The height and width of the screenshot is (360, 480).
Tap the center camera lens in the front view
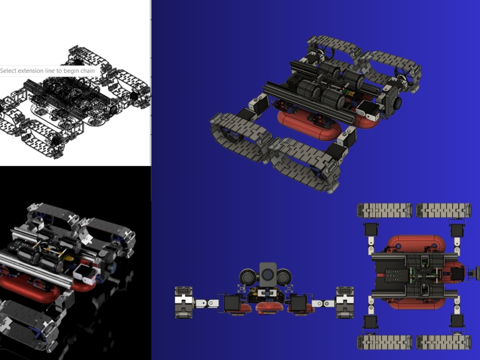268,275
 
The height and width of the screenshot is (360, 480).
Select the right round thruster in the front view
284,277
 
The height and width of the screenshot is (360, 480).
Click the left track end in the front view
183,302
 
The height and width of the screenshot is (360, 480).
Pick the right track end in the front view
345,302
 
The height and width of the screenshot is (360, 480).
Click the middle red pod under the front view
267,307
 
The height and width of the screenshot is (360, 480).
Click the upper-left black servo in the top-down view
371,229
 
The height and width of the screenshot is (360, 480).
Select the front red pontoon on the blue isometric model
310,125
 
